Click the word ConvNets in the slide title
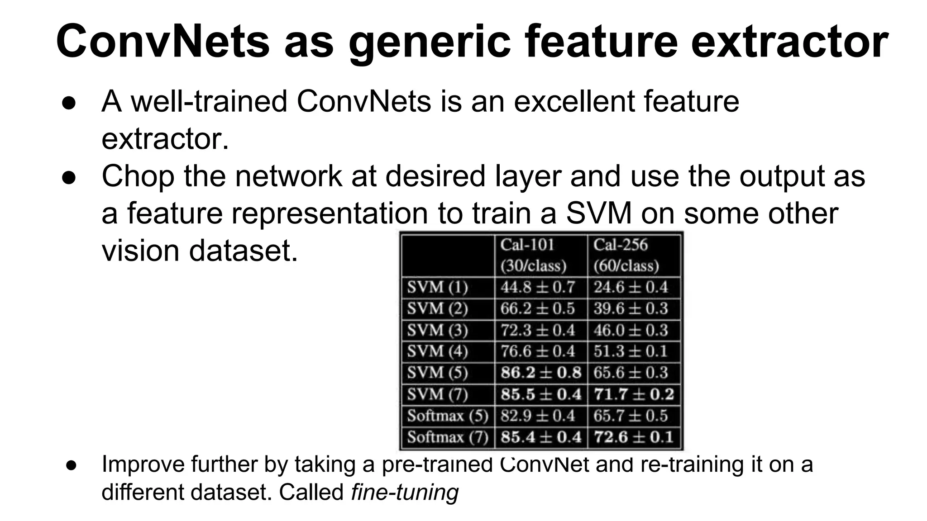click(163, 42)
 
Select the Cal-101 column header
click(533, 255)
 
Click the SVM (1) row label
click(437, 288)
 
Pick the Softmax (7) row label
click(448, 437)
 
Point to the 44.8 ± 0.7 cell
click(538, 287)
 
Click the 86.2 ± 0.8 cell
click(540, 373)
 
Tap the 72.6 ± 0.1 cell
click(633, 437)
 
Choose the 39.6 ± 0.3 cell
click(631, 308)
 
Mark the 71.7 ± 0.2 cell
click(634, 394)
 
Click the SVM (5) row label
click(437, 373)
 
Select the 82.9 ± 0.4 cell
click(538, 416)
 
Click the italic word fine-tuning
click(405, 492)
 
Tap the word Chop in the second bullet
click(138, 176)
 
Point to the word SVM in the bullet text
click(598, 213)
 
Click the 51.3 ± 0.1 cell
click(631, 351)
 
